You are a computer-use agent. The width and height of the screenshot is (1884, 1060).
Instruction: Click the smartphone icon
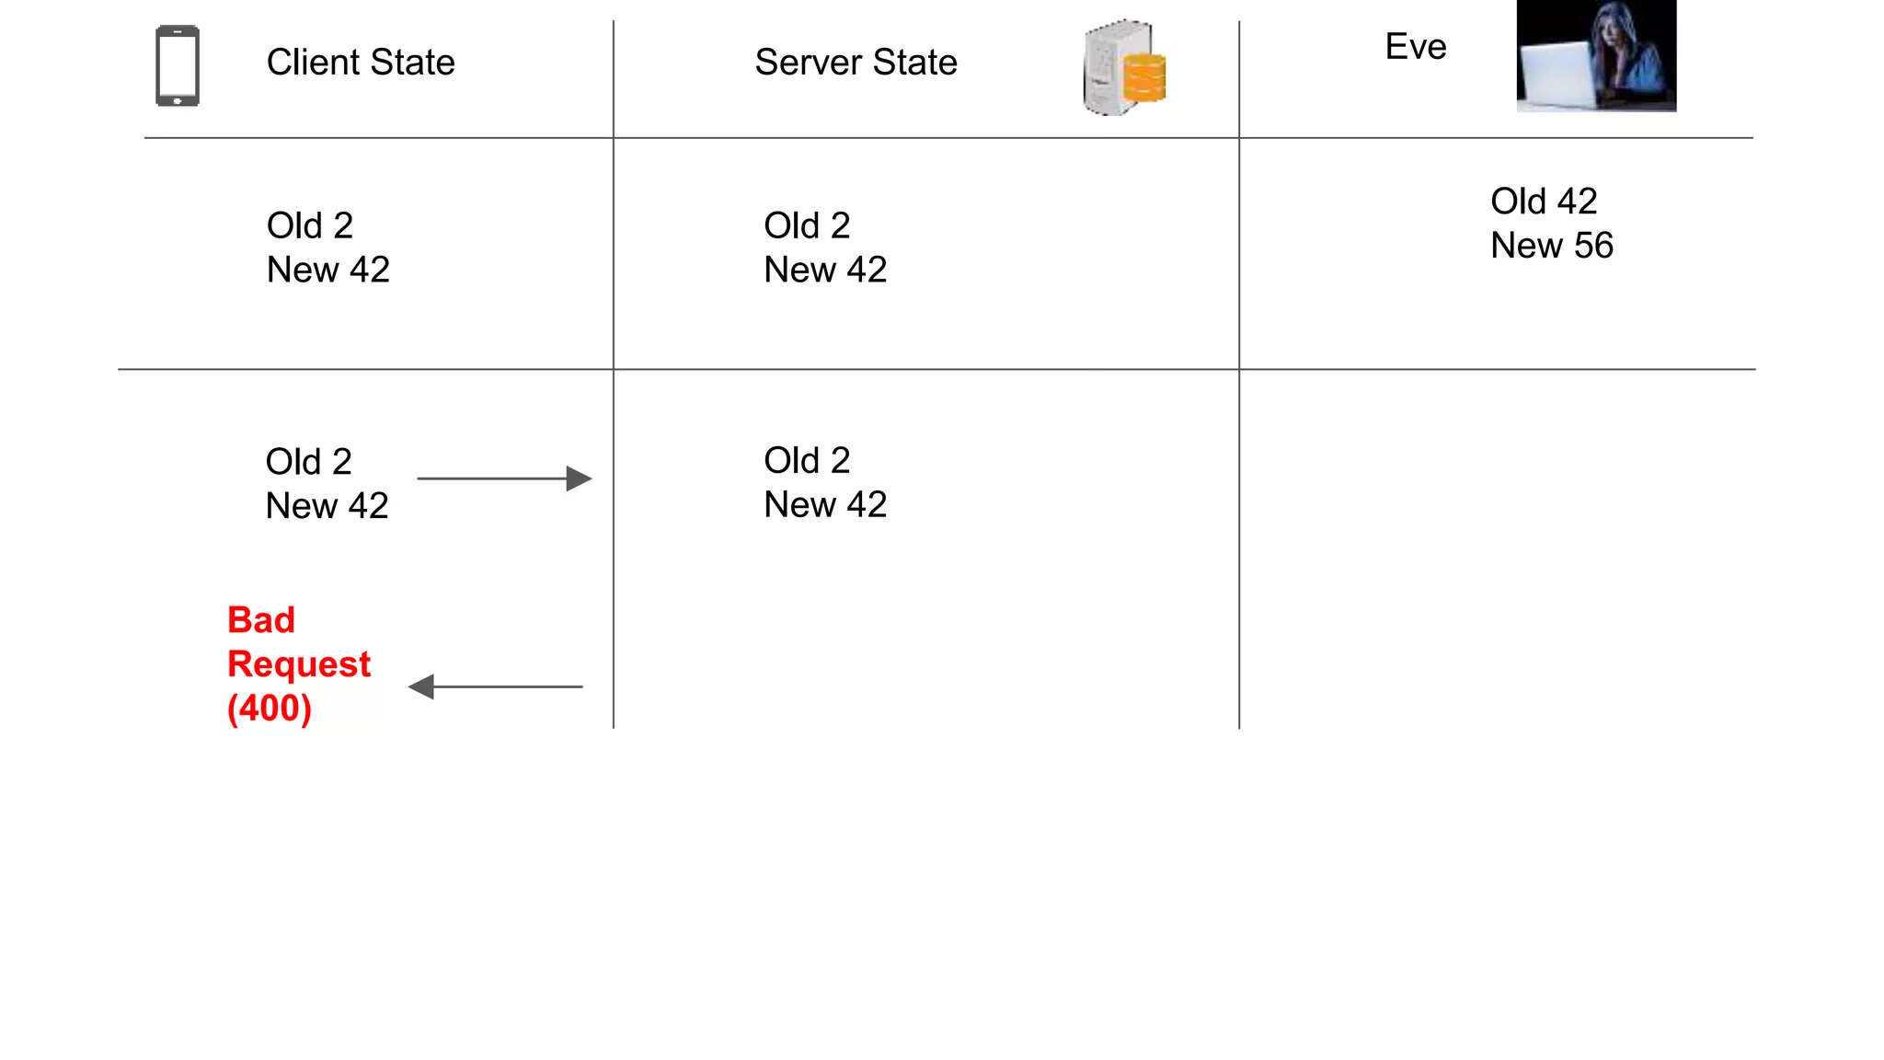(x=178, y=66)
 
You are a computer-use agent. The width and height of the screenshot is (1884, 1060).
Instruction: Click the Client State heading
(x=360, y=63)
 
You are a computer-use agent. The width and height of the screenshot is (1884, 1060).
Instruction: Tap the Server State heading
(x=856, y=63)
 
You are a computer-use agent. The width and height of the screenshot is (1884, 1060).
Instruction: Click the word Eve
(x=1415, y=47)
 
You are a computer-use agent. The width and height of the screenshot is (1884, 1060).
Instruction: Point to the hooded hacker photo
(x=1596, y=55)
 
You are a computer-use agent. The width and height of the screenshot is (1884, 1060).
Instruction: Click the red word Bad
(x=261, y=620)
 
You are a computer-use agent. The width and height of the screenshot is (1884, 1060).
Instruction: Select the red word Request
(x=299, y=664)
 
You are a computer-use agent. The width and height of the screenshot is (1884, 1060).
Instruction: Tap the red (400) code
(x=270, y=709)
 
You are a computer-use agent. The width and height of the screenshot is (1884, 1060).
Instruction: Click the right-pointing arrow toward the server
(x=504, y=478)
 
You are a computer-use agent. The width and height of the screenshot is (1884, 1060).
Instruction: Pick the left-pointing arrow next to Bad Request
(x=496, y=686)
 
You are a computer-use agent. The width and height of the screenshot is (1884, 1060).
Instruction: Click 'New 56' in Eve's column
(x=1551, y=246)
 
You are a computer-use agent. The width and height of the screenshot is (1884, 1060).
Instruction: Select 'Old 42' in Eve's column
(x=1543, y=202)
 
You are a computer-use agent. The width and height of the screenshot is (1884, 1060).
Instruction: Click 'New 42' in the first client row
(x=327, y=270)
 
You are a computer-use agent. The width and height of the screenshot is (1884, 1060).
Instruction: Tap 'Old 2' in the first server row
(x=806, y=225)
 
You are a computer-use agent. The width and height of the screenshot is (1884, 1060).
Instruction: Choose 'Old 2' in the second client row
(x=308, y=462)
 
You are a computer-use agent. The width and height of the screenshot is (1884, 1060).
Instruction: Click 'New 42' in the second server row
(x=824, y=504)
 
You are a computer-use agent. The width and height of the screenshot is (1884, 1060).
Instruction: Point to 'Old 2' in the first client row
(x=309, y=225)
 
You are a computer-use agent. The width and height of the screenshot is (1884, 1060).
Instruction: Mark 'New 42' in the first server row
(x=824, y=270)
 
